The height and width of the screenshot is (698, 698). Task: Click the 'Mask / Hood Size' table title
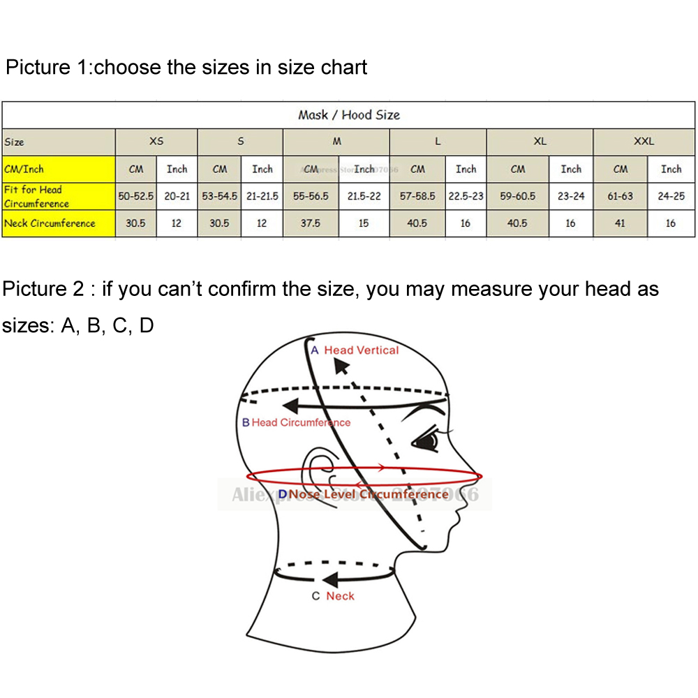[348, 114]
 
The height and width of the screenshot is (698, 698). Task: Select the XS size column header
[156, 141]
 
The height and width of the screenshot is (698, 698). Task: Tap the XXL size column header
[644, 141]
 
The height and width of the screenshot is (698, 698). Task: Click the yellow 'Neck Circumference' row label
[50, 223]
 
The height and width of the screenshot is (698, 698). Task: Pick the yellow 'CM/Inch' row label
[24, 169]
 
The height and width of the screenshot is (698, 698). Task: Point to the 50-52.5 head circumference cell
[135, 196]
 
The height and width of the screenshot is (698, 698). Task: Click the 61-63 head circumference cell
[620, 196]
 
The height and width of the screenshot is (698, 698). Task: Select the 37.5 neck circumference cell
[311, 223]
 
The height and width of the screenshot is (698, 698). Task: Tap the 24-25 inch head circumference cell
[671, 196]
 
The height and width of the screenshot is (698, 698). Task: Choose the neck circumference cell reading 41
[620, 223]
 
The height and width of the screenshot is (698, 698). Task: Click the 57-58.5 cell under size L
[417, 196]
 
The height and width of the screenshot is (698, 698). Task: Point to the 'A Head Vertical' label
[355, 350]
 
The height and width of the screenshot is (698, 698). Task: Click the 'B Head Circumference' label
[296, 422]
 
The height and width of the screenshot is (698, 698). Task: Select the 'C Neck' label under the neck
[333, 596]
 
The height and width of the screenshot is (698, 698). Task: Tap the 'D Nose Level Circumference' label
[363, 495]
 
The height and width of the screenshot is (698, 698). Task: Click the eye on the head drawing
[427, 441]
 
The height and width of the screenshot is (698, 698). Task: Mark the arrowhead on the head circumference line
[290, 406]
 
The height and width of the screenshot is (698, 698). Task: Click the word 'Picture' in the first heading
[38, 68]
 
